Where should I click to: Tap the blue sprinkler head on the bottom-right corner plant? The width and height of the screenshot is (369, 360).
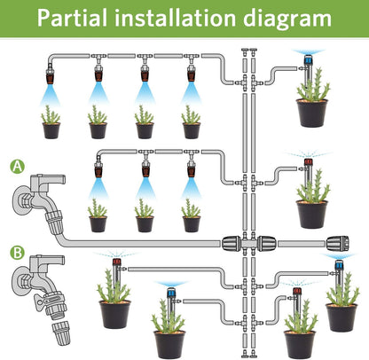coord(338,265)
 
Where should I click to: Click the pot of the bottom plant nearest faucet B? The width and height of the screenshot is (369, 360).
coord(115,313)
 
